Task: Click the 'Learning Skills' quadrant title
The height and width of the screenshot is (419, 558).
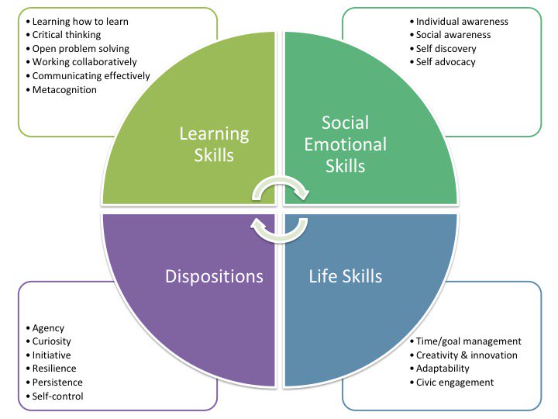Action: (x=214, y=144)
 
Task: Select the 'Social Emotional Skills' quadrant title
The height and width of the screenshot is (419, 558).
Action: (x=346, y=144)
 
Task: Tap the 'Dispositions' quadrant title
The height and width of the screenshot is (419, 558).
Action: (x=214, y=276)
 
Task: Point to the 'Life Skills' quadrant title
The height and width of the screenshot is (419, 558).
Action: (x=346, y=276)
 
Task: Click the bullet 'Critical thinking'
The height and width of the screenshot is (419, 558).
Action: (x=67, y=35)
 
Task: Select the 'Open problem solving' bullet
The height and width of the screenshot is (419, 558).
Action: (x=81, y=48)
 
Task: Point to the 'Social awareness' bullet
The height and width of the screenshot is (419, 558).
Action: (x=453, y=35)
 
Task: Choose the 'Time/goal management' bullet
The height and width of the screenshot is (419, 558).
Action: (x=468, y=341)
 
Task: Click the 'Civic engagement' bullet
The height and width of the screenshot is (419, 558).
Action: (x=455, y=382)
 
